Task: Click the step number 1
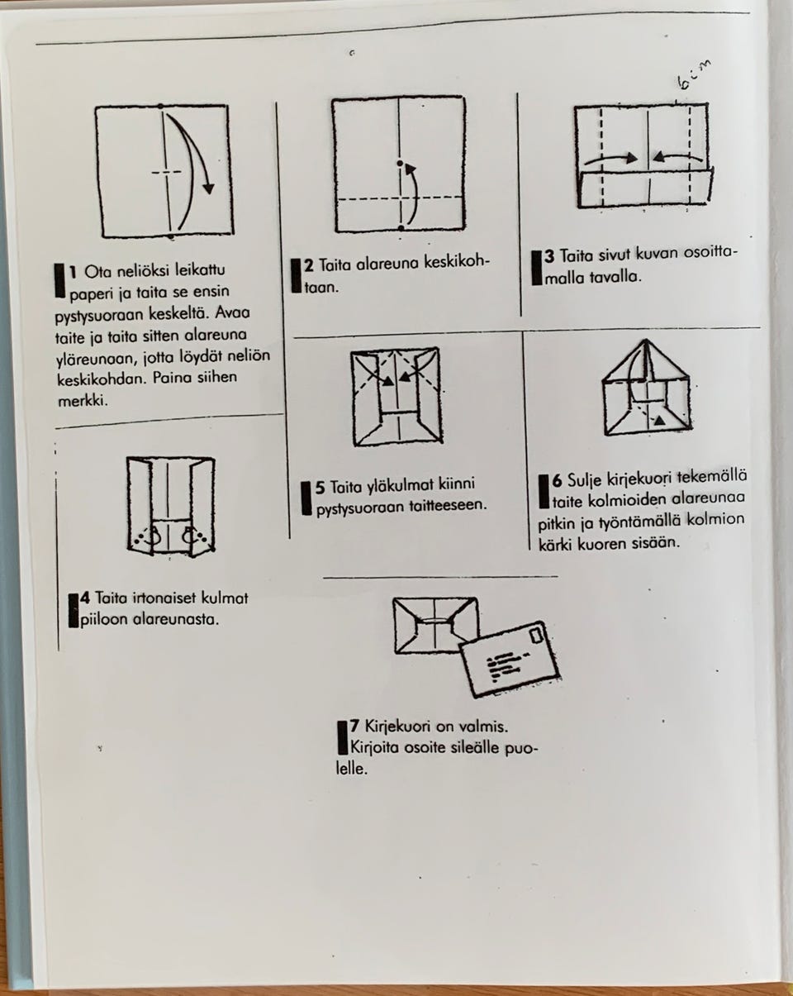click(x=73, y=272)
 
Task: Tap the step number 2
click(x=309, y=265)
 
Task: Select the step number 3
click(x=549, y=256)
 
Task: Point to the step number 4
click(x=85, y=598)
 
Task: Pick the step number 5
click(x=320, y=488)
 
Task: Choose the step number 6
click(x=557, y=481)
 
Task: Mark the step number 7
click(x=354, y=726)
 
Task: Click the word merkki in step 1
click(x=83, y=400)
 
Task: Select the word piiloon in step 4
click(x=103, y=620)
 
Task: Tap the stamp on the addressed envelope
click(x=537, y=636)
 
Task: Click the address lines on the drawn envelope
click(x=506, y=665)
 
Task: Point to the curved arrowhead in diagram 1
click(x=209, y=188)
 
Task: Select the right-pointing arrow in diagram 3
click(x=611, y=159)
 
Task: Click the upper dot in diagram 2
click(x=400, y=164)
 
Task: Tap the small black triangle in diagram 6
click(x=660, y=420)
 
